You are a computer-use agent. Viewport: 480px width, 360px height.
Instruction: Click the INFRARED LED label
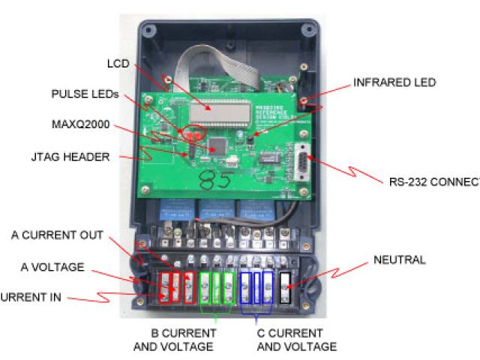[394, 82]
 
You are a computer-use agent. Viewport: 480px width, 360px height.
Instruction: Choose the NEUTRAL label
[399, 260]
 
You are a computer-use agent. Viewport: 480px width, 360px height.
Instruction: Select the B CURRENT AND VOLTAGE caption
[173, 340]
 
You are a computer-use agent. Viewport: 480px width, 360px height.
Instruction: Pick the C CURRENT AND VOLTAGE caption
[296, 340]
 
